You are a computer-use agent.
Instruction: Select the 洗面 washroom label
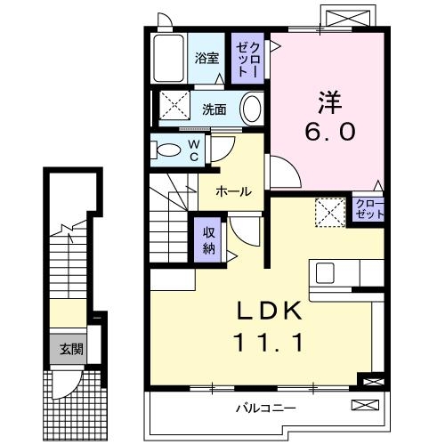[x=214, y=109]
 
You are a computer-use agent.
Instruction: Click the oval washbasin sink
[x=252, y=109]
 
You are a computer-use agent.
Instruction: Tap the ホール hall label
[x=231, y=191]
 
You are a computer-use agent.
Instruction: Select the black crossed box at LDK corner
[x=368, y=380]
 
